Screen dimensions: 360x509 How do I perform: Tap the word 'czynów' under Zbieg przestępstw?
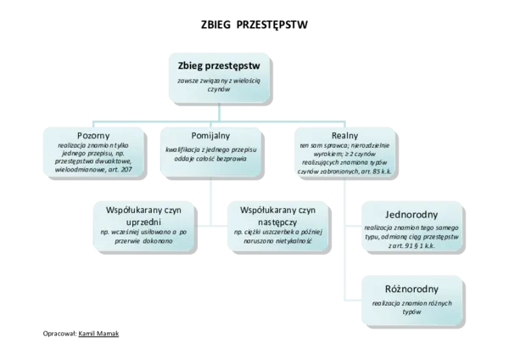[x=221, y=90]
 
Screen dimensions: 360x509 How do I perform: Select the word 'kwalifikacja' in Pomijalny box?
[x=186, y=148]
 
